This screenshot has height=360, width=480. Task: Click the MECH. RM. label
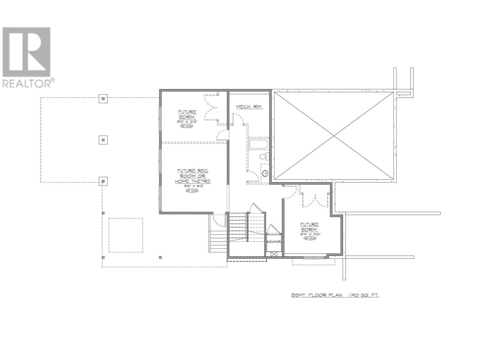click(x=249, y=107)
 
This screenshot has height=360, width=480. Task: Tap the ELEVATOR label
click(x=274, y=241)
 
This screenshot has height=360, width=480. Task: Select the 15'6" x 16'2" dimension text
click(x=192, y=186)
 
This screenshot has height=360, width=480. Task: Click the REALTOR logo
click(x=28, y=57)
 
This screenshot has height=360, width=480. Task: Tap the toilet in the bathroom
click(x=264, y=156)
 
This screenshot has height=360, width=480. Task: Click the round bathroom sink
click(x=265, y=173)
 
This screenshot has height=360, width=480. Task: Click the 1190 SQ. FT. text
click(x=364, y=295)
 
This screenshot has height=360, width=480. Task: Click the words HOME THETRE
click(x=193, y=181)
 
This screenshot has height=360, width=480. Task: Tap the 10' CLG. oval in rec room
click(x=192, y=191)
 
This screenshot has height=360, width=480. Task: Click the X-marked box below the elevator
click(x=274, y=254)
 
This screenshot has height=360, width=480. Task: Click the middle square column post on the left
click(x=103, y=140)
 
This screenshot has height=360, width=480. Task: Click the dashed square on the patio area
click(x=125, y=235)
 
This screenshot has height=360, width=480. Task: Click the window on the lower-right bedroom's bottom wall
click(x=314, y=257)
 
